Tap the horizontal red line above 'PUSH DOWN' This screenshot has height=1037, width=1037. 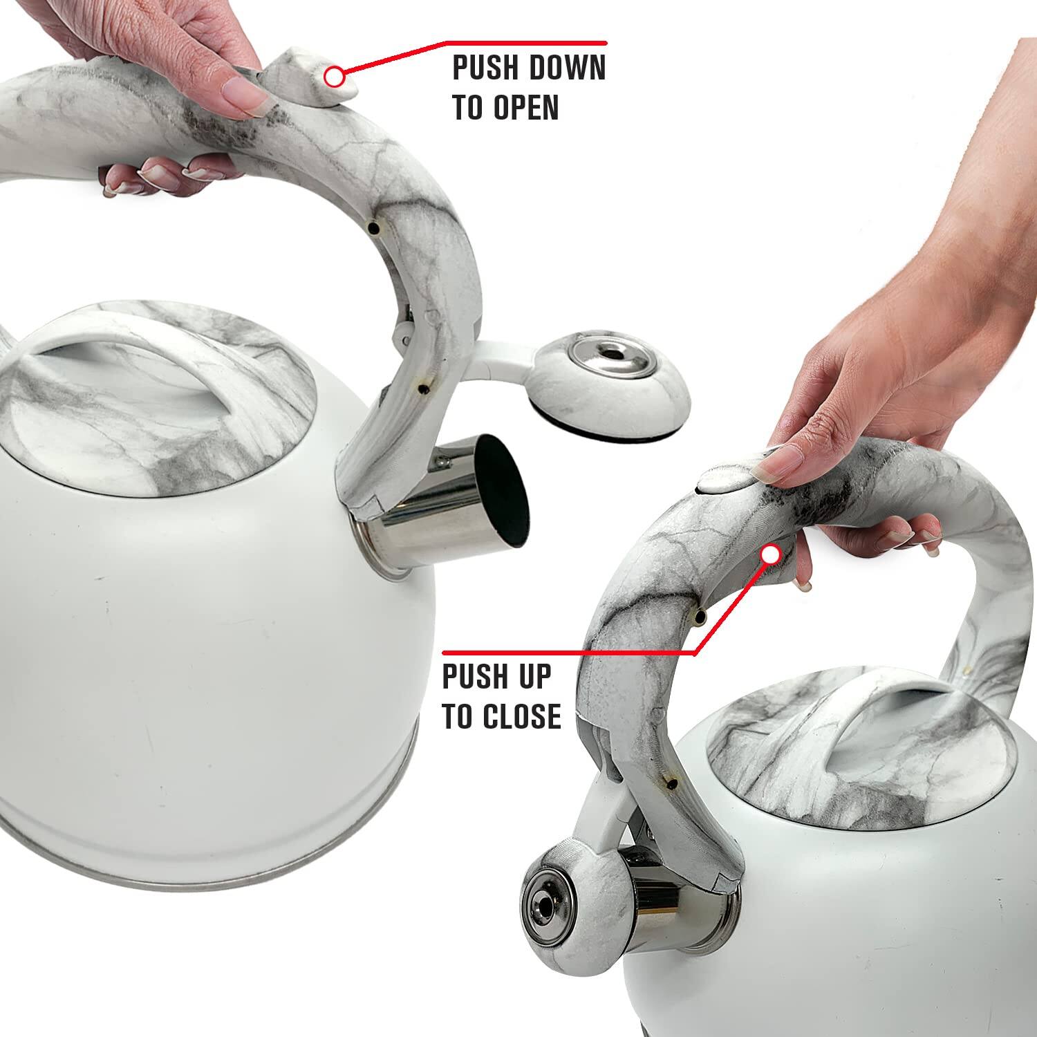click(525, 44)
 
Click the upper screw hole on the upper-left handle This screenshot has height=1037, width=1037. click(373, 228)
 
